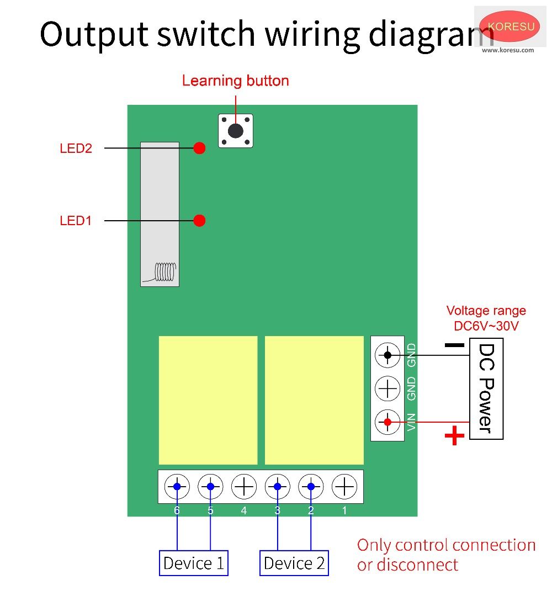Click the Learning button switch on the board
point(236,131)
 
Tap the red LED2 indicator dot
point(200,148)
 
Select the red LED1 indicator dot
point(200,221)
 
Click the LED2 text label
point(76,148)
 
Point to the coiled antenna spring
point(165,271)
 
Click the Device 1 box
point(194,563)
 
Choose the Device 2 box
point(294,563)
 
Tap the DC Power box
point(486,388)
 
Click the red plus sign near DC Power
point(454,436)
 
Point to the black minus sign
point(454,345)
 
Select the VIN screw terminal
point(388,422)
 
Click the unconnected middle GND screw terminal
point(388,389)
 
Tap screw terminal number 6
point(177,487)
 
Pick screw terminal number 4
point(244,487)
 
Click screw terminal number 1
point(344,487)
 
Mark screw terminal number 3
point(277,487)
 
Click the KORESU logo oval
point(509,26)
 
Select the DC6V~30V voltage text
point(486,326)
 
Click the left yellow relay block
point(208,400)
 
